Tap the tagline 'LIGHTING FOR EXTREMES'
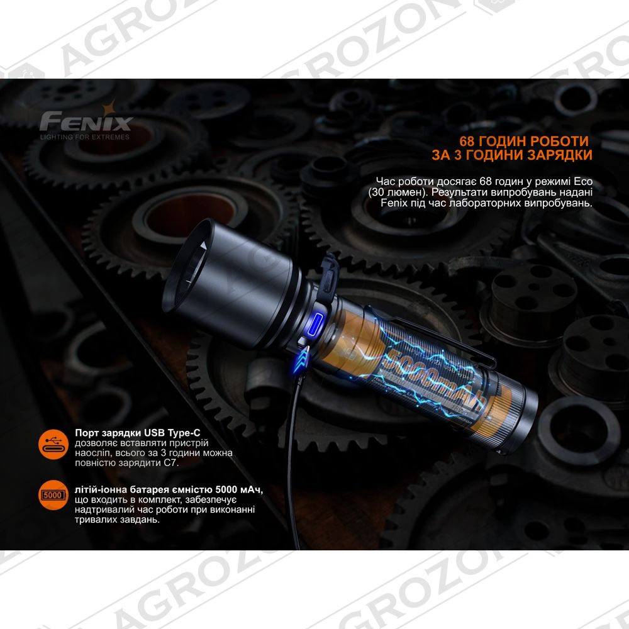[x=85, y=136]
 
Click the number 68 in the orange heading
[x=467, y=141]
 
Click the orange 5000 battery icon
[x=53, y=495]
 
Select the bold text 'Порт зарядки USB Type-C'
[x=137, y=433]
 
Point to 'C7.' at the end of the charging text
[x=171, y=462]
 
